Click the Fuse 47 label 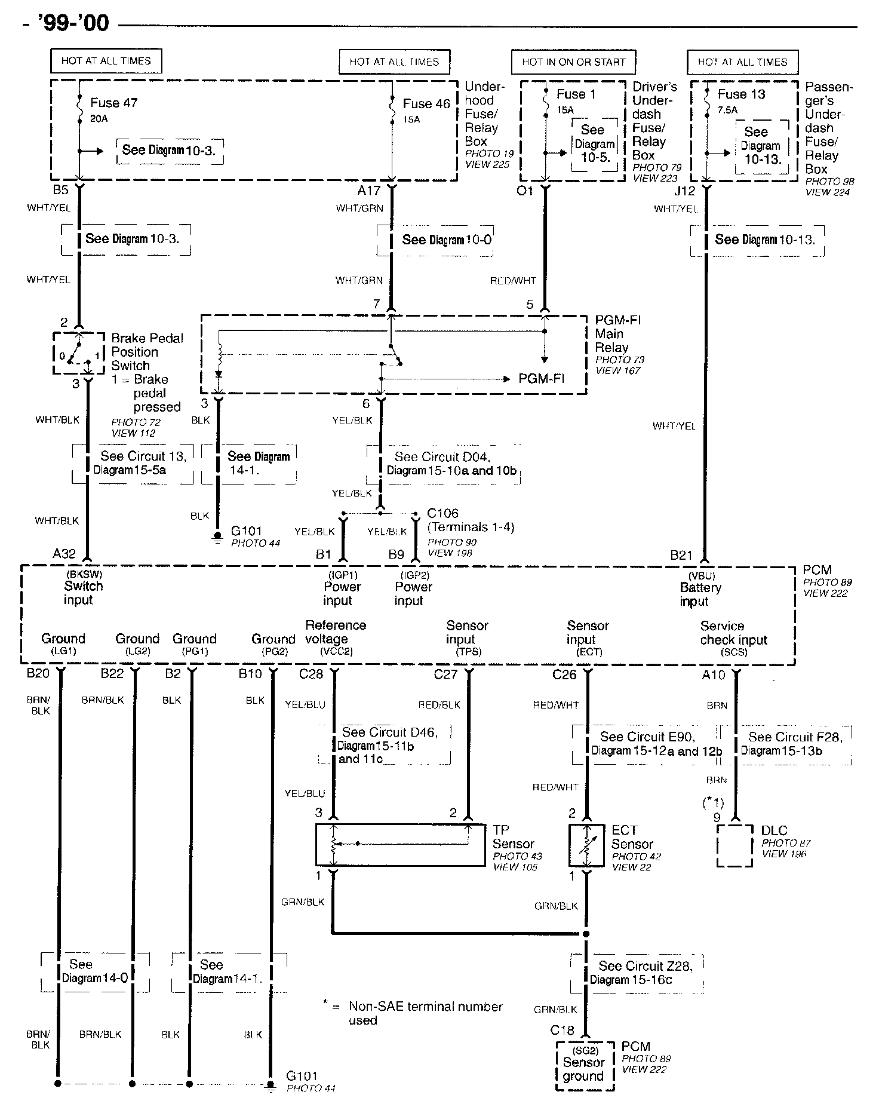point(113,103)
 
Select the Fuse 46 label point(426,104)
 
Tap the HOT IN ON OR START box point(573,62)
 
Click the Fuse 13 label point(741,94)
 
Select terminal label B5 point(60,191)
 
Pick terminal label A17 point(368,191)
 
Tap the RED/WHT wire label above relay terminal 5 point(513,280)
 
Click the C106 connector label point(442,513)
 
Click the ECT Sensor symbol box point(588,845)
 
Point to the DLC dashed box point(734,845)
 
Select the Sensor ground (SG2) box point(585,1066)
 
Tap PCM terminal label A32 point(64,554)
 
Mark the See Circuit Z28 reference point(641,973)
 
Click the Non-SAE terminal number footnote point(418,1013)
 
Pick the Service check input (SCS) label point(733,639)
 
